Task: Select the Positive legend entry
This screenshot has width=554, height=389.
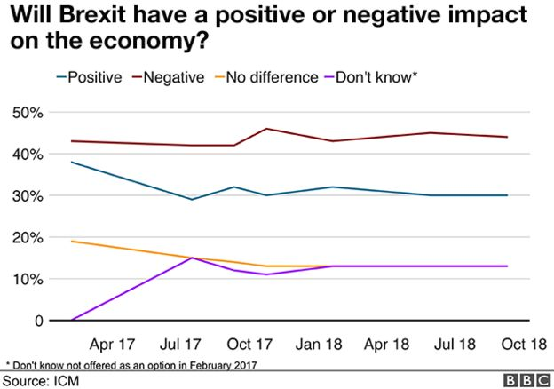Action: (90, 77)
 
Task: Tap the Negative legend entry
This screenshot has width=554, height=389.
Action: (169, 77)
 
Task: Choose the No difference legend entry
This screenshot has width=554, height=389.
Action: (266, 77)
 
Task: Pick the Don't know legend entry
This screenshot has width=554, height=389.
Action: (371, 77)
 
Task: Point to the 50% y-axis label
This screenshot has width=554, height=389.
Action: (28, 113)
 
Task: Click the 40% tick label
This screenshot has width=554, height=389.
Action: (28, 155)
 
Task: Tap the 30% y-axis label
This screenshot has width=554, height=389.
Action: (28, 196)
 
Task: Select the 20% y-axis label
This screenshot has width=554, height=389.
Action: (28, 238)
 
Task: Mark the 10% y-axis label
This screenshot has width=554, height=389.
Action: (28, 280)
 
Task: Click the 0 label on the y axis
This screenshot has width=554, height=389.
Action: (39, 321)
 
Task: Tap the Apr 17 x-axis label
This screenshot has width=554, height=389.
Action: (113, 344)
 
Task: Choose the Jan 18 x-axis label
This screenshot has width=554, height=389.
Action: (319, 344)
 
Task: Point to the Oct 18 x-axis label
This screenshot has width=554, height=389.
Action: (524, 344)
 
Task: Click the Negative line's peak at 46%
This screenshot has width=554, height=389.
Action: (266, 129)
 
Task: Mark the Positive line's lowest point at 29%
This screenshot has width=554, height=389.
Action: (192, 199)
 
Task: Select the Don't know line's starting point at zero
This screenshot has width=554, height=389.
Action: (72, 320)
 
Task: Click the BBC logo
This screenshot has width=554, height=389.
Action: (527, 380)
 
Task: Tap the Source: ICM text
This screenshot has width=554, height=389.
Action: (41, 381)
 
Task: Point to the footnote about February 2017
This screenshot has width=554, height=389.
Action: (131, 365)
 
